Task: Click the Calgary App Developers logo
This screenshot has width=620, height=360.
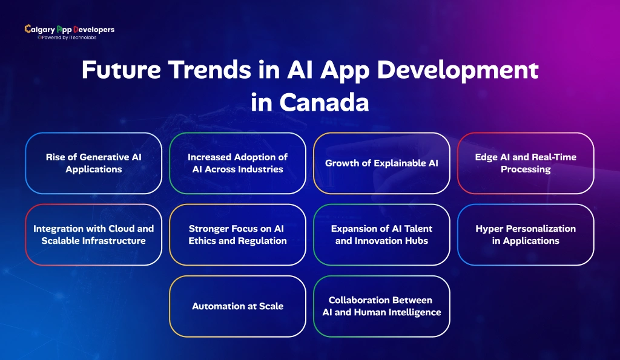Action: point(69,29)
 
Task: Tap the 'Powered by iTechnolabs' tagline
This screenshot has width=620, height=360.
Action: point(67,37)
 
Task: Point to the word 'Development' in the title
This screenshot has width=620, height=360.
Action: point(461,71)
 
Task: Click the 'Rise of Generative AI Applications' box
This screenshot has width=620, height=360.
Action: point(93,163)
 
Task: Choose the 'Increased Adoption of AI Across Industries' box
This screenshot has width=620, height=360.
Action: point(237,163)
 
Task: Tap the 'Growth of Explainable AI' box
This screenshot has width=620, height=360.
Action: point(381,163)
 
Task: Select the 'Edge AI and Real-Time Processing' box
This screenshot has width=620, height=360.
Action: point(526,163)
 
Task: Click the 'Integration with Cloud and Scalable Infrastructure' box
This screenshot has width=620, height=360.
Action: point(93,235)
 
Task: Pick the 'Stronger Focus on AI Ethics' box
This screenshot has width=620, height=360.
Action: point(237,235)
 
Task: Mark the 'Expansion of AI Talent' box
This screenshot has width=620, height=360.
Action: point(381,235)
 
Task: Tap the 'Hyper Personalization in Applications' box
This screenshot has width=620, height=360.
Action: point(526,235)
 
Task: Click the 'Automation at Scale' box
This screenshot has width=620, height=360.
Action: point(237,306)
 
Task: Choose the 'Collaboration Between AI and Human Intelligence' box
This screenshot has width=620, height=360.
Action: point(381,306)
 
